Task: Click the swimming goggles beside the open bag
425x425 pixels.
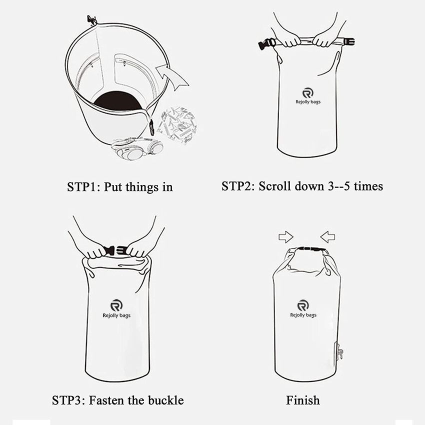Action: tap(137, 148)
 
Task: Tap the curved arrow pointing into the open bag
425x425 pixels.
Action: tap(171, 76)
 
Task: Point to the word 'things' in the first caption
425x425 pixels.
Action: tap(142, 187)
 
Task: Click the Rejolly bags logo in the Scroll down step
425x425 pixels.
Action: tap(308, 96)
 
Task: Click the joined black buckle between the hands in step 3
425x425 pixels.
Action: tap(115, 250)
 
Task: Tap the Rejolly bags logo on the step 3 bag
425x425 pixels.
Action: tap(116, 308)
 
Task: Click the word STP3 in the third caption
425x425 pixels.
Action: tap(66, 400)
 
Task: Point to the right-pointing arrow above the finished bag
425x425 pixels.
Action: tap(286, 237)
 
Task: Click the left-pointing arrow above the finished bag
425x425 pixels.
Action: tap(327, 236)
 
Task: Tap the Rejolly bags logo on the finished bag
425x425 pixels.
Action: tap(303, 308)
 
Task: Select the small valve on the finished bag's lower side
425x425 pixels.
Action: tap(339, 352)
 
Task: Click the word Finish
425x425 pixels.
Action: tap(303, 400)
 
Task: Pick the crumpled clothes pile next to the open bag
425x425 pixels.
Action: tap(177, 125)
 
